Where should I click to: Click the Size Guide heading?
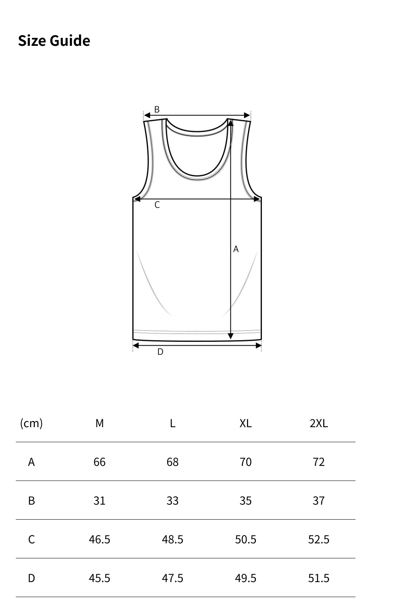tap(54, 41)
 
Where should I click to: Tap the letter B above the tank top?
tap(157, 109)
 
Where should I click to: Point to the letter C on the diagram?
tap(157, 205)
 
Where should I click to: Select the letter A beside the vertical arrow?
tap(236, 249)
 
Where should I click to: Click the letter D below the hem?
tap(160, 352)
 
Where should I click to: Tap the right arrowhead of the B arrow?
tap(247, 115)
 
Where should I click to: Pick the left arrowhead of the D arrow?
tap(136, 346)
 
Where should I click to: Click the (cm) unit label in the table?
tap(31, 423)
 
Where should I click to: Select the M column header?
tap(100, 423)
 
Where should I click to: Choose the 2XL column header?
tap(318, 423)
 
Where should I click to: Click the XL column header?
tap(245, 423)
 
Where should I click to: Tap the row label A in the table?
tap(31, 462)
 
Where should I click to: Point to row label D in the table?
tap(31, 578)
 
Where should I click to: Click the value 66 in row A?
tap(100, 462)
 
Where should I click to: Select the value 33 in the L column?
tap(173, 501)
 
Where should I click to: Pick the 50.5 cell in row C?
tap(245, 539)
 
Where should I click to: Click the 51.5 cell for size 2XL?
tap(318, 578)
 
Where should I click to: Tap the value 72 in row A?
tap(318, 462)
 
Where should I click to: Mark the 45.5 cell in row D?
tap(100, 578)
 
